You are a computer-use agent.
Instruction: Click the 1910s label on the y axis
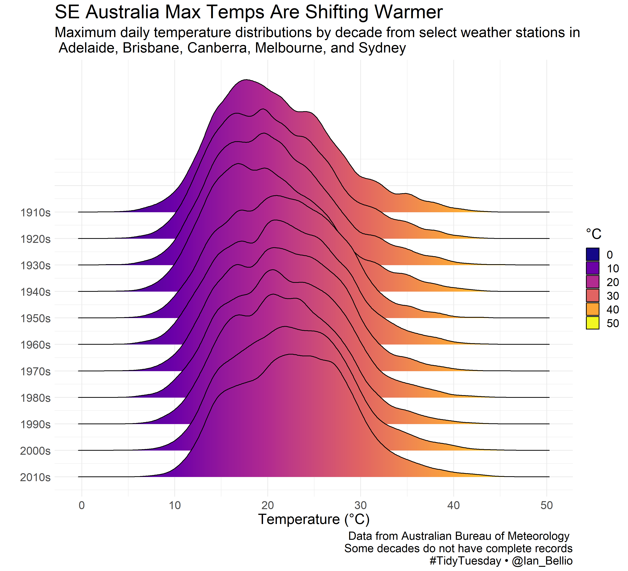[35, 213]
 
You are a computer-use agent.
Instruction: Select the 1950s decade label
[35, 319]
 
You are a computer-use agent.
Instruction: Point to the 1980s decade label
[35, 398]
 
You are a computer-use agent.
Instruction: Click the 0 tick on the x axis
[82, 505]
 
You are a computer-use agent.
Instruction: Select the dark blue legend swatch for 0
[592, 254]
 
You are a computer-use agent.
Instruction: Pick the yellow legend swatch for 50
[592, 323]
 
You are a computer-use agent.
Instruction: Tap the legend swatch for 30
[592, 295]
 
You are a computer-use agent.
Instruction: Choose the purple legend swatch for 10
[592, 268]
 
